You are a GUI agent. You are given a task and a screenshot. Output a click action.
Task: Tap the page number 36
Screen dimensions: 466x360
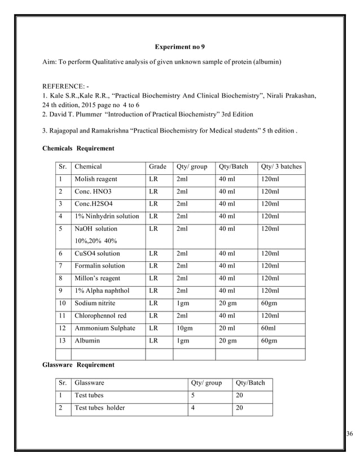pyautogui.click(x=349, y=433)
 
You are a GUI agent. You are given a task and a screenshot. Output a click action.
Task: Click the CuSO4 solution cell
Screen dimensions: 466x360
pyautogui.click(x=97, y=254)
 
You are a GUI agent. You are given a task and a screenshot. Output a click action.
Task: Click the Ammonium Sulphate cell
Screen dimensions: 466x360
pyautogui.click(x=104, y=328)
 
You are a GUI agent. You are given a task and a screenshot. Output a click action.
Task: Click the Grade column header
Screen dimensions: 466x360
pyautogui.click(x=157, y=167)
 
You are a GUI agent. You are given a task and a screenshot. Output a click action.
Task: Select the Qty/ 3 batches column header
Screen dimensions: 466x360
pyautogui.click(x=281, y=167)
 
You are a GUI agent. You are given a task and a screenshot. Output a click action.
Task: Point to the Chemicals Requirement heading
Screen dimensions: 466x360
pyautogui.click(x=78, y=149)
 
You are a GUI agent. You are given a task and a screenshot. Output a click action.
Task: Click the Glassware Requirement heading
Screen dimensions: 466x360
pyautogui.click(x=78, y=365)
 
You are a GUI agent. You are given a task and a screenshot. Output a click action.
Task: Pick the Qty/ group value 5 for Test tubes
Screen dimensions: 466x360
pyautogui.click(x=193, y=395)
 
